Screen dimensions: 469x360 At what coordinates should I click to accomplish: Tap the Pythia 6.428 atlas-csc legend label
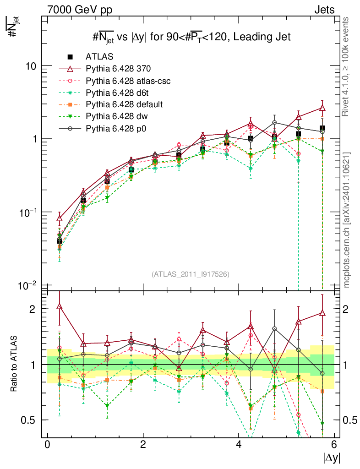[x=128, y=81]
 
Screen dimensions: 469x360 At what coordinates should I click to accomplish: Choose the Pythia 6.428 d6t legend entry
[x=118, y=93]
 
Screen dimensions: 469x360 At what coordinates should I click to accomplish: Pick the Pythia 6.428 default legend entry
[x=124, y=105]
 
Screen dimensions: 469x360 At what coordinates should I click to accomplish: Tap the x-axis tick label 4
[x=239, y=444]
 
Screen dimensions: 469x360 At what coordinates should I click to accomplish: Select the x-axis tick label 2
[x=143, y=444]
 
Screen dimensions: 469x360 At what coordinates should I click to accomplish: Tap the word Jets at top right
[x=324, y=9]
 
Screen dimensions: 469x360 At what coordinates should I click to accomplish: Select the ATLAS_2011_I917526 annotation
[x=191, y=274]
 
